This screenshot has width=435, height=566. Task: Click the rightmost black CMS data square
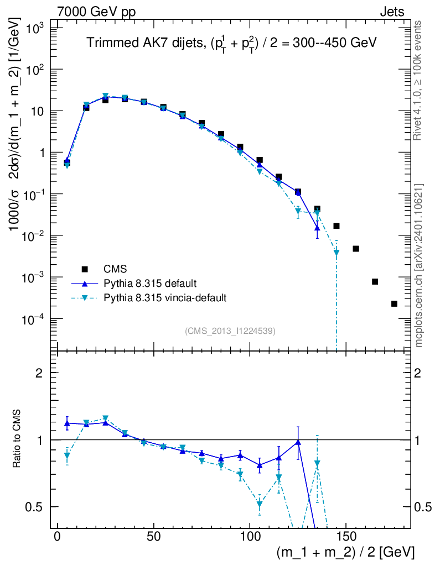click(394, 303)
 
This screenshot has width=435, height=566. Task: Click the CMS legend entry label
click(115, 269)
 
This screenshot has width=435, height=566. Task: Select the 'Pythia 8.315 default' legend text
click(149, 284)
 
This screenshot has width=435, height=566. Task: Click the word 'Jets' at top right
click(391, 12)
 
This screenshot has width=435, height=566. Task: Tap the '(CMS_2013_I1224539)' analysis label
click(230, 331)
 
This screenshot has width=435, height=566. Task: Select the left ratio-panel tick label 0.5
click(40, 506)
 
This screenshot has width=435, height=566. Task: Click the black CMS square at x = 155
click(356, 249)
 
